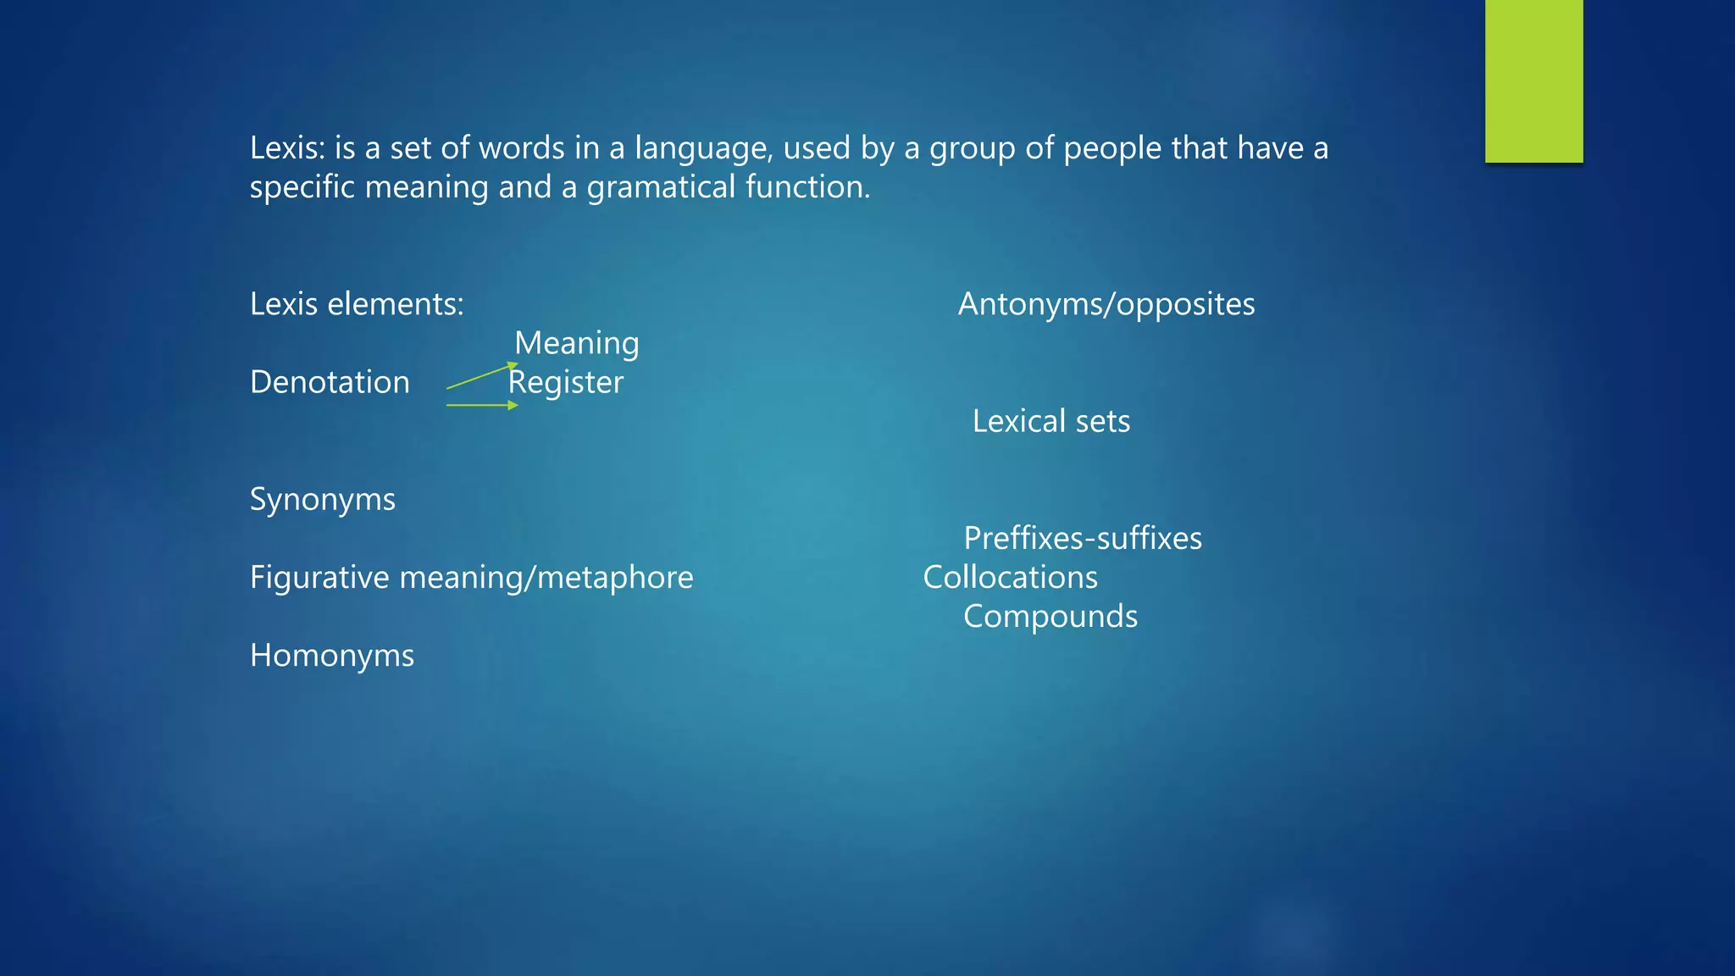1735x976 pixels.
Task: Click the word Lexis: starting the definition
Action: (287, 148)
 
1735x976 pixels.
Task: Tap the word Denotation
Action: (330, 382)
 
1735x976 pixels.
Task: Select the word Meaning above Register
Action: (576, 343)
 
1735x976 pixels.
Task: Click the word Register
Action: (566, 382)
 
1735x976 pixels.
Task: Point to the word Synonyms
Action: (322, 500)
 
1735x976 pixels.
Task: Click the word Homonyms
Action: (331, 656)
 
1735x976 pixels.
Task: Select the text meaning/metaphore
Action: (546, 578)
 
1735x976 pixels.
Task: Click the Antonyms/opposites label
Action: (1106, 304)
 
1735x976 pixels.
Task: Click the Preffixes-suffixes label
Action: (1083, 539)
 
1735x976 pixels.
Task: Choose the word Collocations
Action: (1010, 578)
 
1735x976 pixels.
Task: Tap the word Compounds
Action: (1050, 617)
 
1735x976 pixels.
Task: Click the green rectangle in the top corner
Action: (1533, 80)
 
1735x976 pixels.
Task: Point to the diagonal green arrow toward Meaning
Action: (481, 376)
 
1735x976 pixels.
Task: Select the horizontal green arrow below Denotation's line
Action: (481, 406)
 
